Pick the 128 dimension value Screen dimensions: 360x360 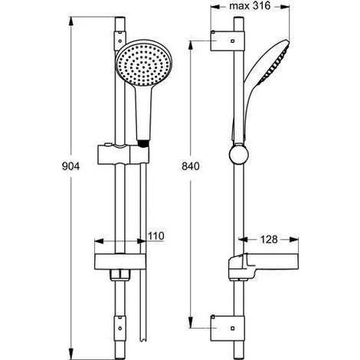(267, 239)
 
